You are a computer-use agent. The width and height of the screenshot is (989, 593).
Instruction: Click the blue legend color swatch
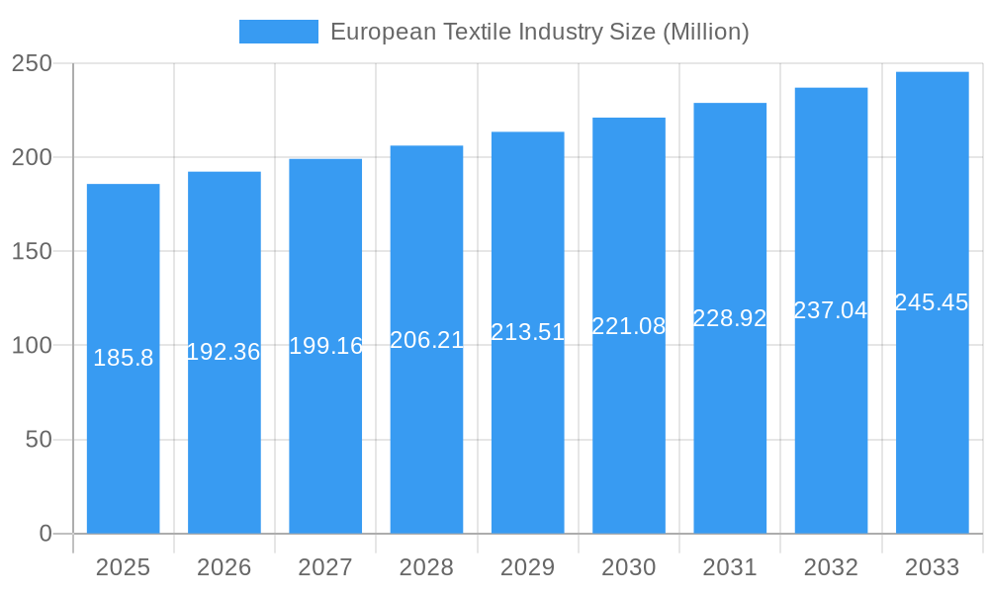pyautogui.click(x=279, y=32)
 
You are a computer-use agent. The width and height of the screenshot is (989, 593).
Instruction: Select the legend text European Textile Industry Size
pyautogui.click(x=539, y=32)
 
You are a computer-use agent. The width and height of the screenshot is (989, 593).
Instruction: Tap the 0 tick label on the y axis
pyautogui.click(x=45, y=534)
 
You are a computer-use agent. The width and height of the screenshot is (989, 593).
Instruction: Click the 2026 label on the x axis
pyautogui.click(x=224, y=567)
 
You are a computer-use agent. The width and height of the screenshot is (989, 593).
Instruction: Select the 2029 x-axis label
pyautogui.click(x=527, y=567)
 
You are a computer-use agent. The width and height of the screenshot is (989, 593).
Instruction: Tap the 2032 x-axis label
pyautogui.click(x=831, y=567)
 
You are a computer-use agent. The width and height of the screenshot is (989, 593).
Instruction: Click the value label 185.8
pyautogui.click(x=123, y=358)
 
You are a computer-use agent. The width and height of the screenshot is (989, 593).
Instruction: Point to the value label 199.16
pyautogui.click(x=325, y=346)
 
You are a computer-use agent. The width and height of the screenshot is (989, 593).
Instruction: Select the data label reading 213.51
pyautogui.click(x=527, y=332)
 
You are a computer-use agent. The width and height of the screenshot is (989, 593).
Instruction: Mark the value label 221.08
pyautogui.click(x=629, y=326)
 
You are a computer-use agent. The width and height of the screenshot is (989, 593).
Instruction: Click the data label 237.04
pyautogui.click(x=831, y=310)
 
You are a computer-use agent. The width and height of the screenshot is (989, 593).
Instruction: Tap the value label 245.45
pyautogui.click(x=932, y=302)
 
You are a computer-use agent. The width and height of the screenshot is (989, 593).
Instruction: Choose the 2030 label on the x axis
pyautogui.click(x=629, y=567)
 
